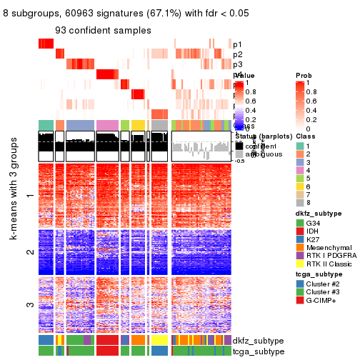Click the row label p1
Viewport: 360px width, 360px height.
pos(237,44)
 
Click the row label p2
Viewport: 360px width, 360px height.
pos(237,54)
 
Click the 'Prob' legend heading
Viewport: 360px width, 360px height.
pos(304,75)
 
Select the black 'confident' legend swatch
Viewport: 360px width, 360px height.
pos(239,146)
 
